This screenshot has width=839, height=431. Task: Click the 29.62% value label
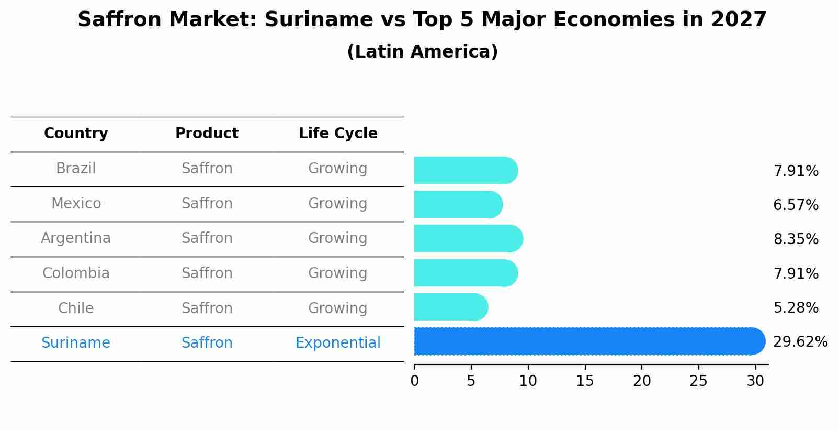pos(800,342)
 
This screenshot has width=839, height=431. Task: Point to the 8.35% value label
pos(796,239)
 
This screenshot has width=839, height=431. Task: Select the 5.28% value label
pos(796,308)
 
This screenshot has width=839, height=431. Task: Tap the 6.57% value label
pos(796,205)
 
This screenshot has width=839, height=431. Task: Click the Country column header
pos(76,134)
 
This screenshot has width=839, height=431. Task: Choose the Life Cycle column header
pos(338,134)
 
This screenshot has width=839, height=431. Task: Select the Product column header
pos(207,134)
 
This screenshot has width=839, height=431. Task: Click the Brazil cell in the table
pos(76,169)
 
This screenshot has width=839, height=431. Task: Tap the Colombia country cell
pos(76,273)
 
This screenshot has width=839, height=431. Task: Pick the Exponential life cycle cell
pos(338,343)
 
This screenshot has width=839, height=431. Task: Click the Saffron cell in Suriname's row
pos(207,343)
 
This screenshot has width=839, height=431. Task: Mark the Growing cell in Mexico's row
pos(338,204)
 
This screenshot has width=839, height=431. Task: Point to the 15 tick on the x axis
pos(585,381)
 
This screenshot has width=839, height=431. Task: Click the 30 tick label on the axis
pos(755,381)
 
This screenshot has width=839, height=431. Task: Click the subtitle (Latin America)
pos(422,52)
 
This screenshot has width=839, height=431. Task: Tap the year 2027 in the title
pos(739,20)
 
